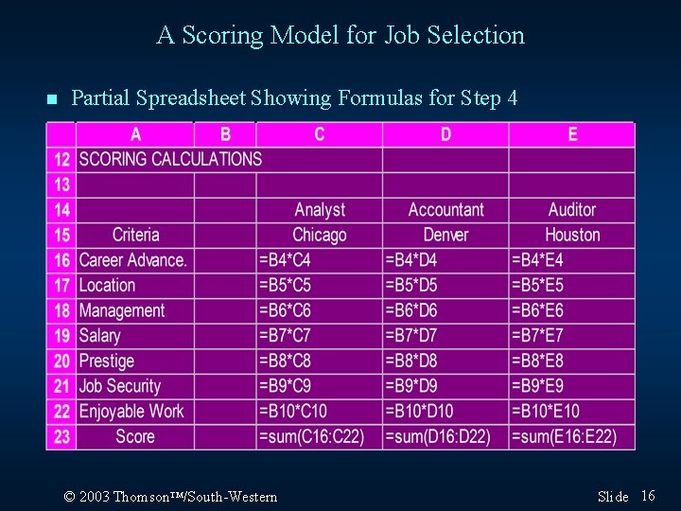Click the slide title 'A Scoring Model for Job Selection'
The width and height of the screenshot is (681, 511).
[x=340, y=36]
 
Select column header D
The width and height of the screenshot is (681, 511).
[x=445, y=134]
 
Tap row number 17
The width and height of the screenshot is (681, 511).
[x=61, y=285]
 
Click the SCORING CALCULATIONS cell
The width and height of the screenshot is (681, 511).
[x=170, y=159]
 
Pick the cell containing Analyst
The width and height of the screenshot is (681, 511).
[x=320, y=210]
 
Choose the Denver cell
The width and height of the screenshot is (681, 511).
[x=445, y=235]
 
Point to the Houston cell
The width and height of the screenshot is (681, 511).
[x=572, y=235]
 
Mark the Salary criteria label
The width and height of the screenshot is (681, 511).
[x=100, y=335]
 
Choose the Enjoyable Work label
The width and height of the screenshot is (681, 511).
[x=132, y=411]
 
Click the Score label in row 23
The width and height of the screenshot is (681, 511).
[x=135, y=436]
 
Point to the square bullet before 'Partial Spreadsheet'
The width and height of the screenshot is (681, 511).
[x=51, y=99]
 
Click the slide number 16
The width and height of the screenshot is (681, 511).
[x=648, y=496]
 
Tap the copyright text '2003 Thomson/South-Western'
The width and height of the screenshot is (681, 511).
[x=170, y=497]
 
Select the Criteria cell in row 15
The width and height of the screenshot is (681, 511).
[x=135, y=235]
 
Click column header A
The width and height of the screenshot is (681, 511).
[x=135, y=134]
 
